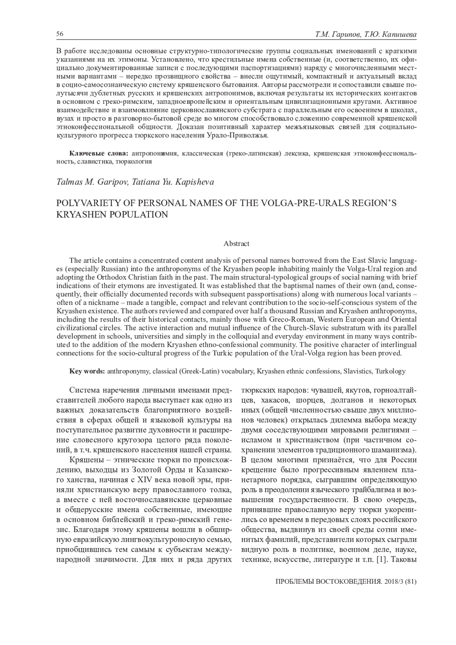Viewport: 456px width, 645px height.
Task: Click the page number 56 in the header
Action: [60, 34]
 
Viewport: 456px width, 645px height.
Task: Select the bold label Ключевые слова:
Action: [99, 154]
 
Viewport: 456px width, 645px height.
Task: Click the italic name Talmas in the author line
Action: [69, 182]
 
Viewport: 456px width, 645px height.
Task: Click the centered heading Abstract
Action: [236, 244]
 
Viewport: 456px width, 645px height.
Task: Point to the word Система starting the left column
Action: [84, 390]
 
